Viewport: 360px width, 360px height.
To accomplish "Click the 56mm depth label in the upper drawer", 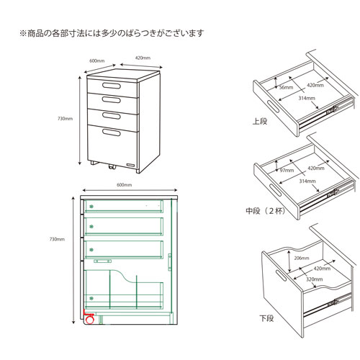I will point(285,88).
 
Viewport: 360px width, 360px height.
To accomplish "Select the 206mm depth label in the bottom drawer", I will point(301,257).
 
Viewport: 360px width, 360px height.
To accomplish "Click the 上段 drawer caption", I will point(260,122).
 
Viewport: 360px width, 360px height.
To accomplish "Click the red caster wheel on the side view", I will point(90,320).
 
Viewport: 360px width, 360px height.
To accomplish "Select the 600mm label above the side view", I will point(124,185).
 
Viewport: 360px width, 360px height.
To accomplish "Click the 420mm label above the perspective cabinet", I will point(143,58).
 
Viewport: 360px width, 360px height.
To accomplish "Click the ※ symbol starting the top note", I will point(22,33).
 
